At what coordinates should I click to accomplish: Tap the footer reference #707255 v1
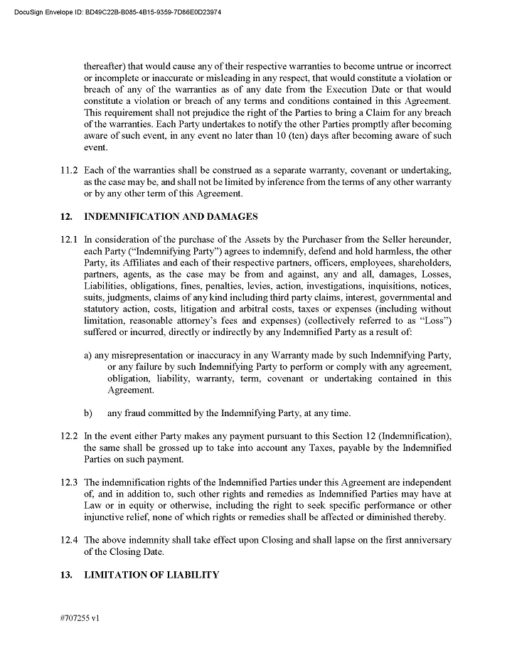(x=80, y=618)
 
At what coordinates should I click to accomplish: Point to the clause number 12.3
(x=70, y=482)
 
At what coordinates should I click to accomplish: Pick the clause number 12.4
(x=70, y=540)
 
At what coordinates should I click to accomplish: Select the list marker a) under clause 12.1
(x=88, y=355)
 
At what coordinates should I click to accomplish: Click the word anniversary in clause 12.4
(x=425, y=540)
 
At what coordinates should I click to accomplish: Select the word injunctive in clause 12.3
(x=106, y=516)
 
